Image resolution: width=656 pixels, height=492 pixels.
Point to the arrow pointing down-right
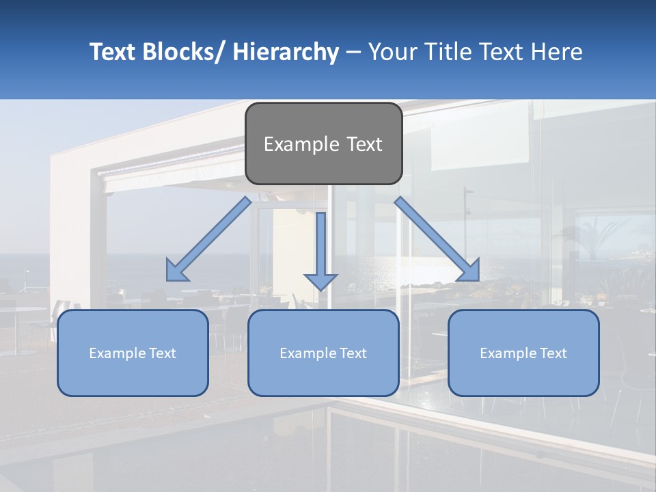437,239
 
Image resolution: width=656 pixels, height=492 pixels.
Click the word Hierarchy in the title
286,52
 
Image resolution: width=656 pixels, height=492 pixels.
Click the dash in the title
353,52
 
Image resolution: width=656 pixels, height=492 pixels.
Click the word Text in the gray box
360,145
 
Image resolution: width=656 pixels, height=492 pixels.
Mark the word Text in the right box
553,353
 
